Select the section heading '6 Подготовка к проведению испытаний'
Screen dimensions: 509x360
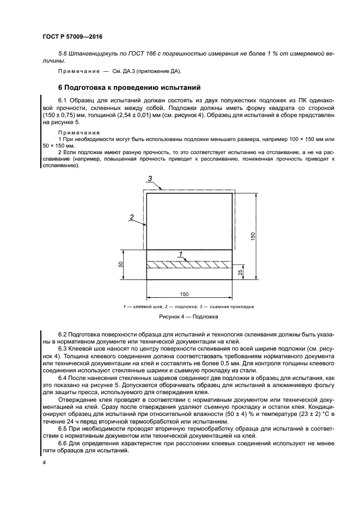(130, 87)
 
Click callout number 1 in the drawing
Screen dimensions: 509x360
(180, 254)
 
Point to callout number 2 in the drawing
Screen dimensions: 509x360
(131, 217)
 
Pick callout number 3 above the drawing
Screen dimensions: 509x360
(151, 179)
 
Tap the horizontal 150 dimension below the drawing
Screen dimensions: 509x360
(184, 294)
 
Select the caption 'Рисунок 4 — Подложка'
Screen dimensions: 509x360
(188, 316)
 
